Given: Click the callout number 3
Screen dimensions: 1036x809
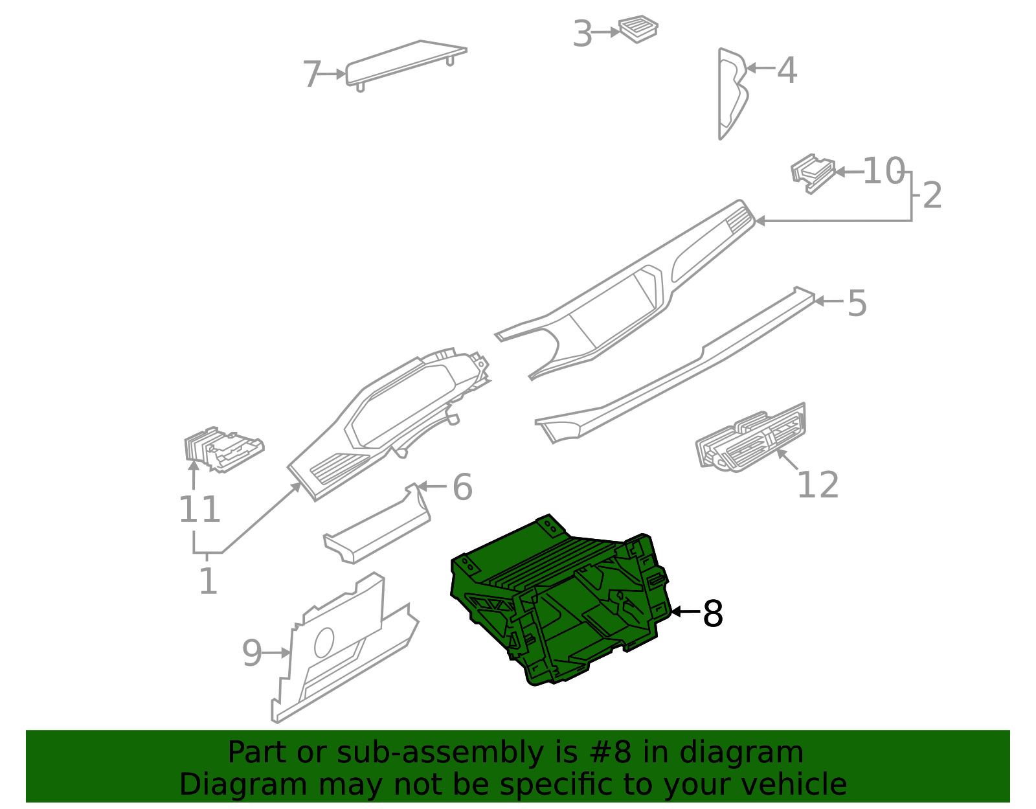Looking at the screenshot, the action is pyautogui.click(x=583, y=34).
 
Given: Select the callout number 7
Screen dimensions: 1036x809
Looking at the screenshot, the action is pyautogui.click(x=312, y=74).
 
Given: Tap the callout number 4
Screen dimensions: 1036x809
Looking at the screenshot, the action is pyautogui.click(x=787, y=69).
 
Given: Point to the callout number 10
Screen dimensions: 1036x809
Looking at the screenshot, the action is pyautogui.click(x=883, y=172).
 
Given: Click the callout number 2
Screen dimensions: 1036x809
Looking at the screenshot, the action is pyautogui.click(x=932, y=195).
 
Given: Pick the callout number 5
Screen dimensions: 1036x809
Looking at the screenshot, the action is pyautogui.click(x=857, y=303).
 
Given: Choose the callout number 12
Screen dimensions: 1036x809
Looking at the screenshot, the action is pyautogui.click(x=818, y=485).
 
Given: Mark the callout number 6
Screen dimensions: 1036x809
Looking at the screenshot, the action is pyautogui.click(x=462, y=487).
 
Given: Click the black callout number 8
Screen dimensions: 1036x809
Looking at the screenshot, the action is pyautogui.click(x=712, y=613).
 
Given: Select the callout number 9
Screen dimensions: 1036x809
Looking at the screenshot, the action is pyautogui.click(x=252, y=653).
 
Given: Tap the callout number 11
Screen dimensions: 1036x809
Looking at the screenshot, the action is pyautogui.click(x=199, y=510).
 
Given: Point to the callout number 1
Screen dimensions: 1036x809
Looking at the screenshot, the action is pyautogui.click(x=207, y=581).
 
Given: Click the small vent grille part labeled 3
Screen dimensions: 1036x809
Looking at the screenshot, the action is pyautogui.click(x=638, y=28).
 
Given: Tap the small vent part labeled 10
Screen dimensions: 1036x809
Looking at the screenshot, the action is pyautogui.click(x=813, y=172).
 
